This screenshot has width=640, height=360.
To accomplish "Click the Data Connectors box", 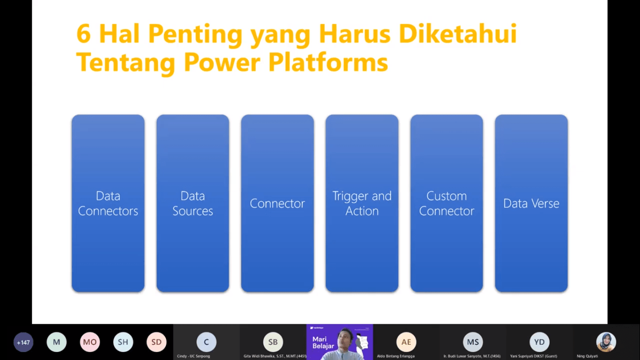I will point(108,203).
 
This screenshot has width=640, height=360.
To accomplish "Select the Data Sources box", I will point(193,203).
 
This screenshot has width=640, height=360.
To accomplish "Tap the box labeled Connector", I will point(277,203).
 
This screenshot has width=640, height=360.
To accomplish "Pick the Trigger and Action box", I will point(362,203).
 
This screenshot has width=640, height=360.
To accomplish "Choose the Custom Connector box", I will point(447,203).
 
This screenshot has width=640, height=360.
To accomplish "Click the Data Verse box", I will point(531,203).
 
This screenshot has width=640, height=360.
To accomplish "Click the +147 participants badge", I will point(23,342).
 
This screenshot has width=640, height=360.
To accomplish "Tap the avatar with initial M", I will point(57,342).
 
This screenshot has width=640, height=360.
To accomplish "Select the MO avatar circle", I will point(90,342).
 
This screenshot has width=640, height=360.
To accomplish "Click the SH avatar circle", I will point(123,342).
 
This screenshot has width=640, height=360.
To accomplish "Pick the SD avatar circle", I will point(156,342).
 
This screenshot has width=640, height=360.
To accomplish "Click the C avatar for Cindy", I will point(206,342).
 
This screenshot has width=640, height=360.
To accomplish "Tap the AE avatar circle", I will point(406,342).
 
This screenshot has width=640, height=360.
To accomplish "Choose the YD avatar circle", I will point(539,342).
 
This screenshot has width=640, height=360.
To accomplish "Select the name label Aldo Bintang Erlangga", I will point(396,356).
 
